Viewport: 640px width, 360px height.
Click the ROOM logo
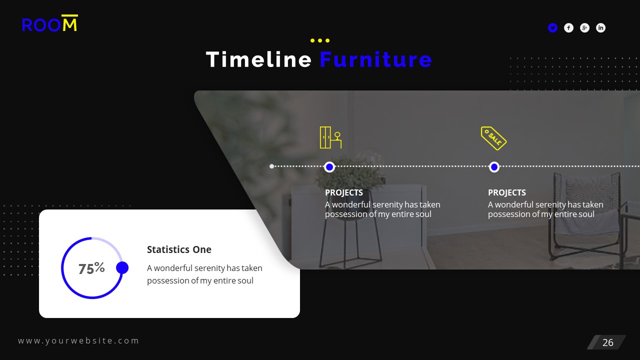pos(50,24)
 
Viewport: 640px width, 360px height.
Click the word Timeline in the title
pos(258,59)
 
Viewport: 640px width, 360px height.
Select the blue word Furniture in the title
pos(375,59)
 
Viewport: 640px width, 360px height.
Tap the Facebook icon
pos(568,28)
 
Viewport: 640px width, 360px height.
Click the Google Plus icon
pos(584,28)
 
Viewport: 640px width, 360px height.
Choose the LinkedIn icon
pos(600,28)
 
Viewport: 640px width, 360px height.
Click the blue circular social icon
pos(552,28)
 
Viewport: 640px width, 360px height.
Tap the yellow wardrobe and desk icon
pos(330,137)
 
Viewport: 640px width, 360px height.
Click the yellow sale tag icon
pos(493,138)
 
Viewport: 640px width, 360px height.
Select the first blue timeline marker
pos(329,166)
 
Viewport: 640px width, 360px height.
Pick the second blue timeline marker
pos(494,166)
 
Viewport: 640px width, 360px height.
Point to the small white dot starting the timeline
pos(271,166)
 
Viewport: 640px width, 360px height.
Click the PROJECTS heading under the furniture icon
pos(344,192)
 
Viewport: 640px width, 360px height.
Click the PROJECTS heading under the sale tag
pos(507,192)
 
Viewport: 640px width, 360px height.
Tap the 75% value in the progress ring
pos(91,268)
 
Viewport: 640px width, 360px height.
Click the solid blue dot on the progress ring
pos(122,268)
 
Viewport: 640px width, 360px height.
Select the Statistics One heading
pos(179,249)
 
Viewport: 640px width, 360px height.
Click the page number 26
pos(607,342)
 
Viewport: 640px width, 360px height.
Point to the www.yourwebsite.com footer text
pos(78,340)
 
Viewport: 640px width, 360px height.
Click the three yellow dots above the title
pos(320,40)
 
